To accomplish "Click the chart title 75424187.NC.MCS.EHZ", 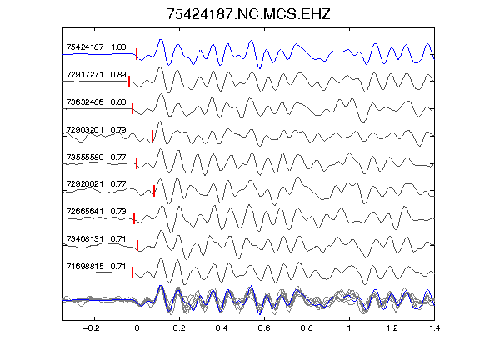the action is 248,14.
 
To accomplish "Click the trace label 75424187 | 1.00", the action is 96,47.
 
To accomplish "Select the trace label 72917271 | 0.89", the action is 96,75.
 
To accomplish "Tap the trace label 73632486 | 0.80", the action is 96,102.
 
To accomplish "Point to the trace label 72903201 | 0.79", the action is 96,129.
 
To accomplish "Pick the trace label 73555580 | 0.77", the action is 96,157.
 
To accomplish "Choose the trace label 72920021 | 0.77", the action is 96,184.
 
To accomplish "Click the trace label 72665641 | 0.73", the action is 96,212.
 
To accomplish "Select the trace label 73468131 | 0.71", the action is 96,239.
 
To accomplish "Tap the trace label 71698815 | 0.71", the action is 96,267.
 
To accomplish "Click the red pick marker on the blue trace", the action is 137,54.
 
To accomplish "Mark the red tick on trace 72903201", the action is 152,136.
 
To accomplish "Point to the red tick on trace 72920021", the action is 154,191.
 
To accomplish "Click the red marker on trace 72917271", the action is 129,82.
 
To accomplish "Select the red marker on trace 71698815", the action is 132,272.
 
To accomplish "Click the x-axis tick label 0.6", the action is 264,328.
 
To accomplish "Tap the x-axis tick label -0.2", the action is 92,328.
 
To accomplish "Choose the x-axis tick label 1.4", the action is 434,328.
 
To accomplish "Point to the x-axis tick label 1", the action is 349,328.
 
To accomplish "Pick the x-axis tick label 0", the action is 137,328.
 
